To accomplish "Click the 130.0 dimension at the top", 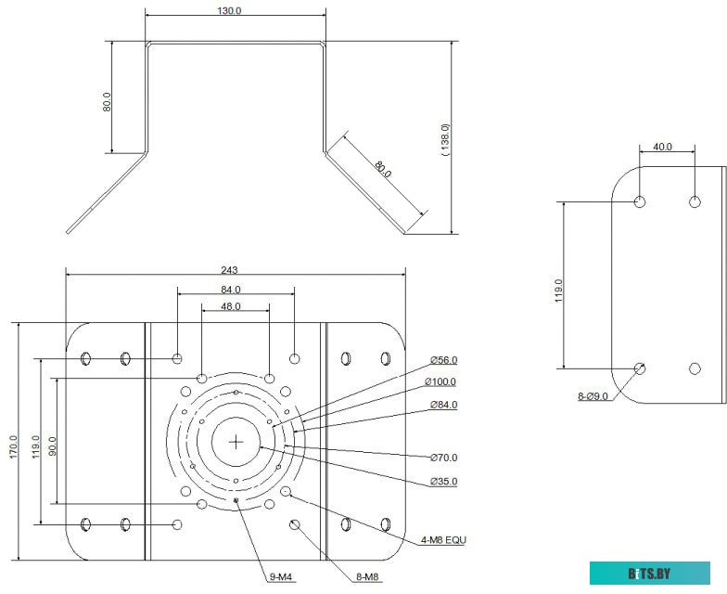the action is point(229,10).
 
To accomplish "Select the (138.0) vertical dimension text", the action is point(445,139).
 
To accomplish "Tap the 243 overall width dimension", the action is point(229,269).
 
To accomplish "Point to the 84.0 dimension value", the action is point(230,290).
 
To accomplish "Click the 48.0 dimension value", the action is point(230,306).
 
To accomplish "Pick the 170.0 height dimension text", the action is point(13,447).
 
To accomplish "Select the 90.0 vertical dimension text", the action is point(52,445).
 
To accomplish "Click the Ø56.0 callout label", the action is point(443,360).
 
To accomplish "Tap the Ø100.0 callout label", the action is point(440,381).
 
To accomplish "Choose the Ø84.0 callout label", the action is point(443,405).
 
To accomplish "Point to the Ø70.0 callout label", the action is point(443,458).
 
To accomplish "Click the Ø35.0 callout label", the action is point(443,481).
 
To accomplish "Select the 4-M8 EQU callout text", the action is point(443,540).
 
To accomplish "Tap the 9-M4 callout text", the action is point(280,577).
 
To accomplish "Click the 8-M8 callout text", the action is point(367,577).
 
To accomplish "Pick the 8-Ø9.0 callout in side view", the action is point(593,396).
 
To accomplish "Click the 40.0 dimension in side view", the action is point(662,147).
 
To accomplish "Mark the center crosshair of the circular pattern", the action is point(236,442).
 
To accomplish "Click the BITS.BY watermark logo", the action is point(649,574).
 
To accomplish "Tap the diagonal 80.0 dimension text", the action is point(383,169).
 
